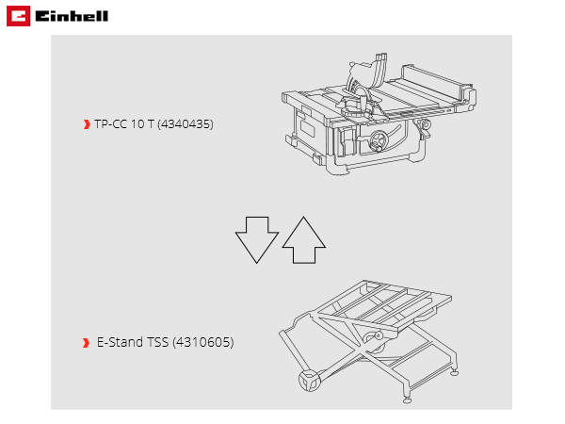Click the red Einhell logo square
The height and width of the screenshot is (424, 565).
coord(19,16)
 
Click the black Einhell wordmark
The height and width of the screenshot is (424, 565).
coord(72,16)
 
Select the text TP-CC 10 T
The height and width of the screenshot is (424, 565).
coord(124,124)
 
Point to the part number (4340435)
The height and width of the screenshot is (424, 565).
coord(186,124)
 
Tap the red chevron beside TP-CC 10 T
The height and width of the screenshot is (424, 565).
coord(87,124)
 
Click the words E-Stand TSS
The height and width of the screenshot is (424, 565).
coord(133,342)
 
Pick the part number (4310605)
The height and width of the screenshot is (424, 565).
coord(203,342)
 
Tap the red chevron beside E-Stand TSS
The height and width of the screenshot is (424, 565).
coord(86,343)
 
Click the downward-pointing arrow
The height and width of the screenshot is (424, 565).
coord(257,239)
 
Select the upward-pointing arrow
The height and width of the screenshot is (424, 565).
coord(304,239)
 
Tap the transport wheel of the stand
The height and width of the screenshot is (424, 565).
coord(310,381)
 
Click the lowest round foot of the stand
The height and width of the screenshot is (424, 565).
coord(407,400)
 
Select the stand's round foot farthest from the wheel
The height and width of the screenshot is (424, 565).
coord(455,373)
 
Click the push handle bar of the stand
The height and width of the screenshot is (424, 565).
coord(293,351)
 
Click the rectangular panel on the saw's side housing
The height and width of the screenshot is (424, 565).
coord(307,128)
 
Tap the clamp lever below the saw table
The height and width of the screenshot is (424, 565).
coord(424,128)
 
